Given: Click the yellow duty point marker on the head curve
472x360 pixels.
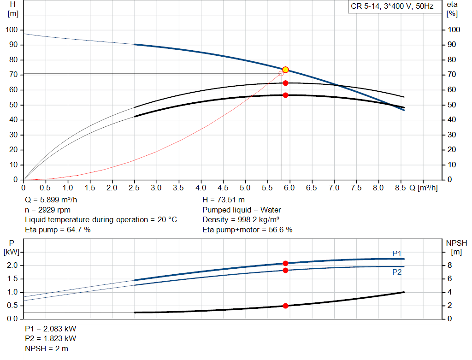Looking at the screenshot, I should click(285, 70).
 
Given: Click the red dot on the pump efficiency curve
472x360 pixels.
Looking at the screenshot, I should click(285, 83).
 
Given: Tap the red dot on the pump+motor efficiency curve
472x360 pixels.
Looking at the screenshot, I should click(285, 95).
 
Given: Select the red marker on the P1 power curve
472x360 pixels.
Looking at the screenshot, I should click(285, 263).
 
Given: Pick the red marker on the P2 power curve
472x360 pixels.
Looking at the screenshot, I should click(285, 270).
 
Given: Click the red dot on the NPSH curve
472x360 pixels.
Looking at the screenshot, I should click(285, 306).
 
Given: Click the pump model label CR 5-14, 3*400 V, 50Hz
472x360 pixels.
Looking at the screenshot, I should click(392, 7).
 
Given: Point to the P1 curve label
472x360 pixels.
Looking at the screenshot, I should click(397, 254).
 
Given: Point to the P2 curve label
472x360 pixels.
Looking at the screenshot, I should click(397, 272).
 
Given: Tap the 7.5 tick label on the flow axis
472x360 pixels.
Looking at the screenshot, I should click(356, 188).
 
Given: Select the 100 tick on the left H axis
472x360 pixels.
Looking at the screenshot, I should click(12, 30).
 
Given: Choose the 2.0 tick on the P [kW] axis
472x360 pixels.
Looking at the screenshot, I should click(12, 266).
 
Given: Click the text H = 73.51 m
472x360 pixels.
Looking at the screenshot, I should click(224, 200).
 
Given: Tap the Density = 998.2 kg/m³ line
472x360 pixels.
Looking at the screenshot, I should click(241, 219).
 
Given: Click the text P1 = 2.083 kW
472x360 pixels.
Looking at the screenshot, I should click(51, 329).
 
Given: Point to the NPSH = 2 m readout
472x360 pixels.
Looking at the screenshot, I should click(47, 348).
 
